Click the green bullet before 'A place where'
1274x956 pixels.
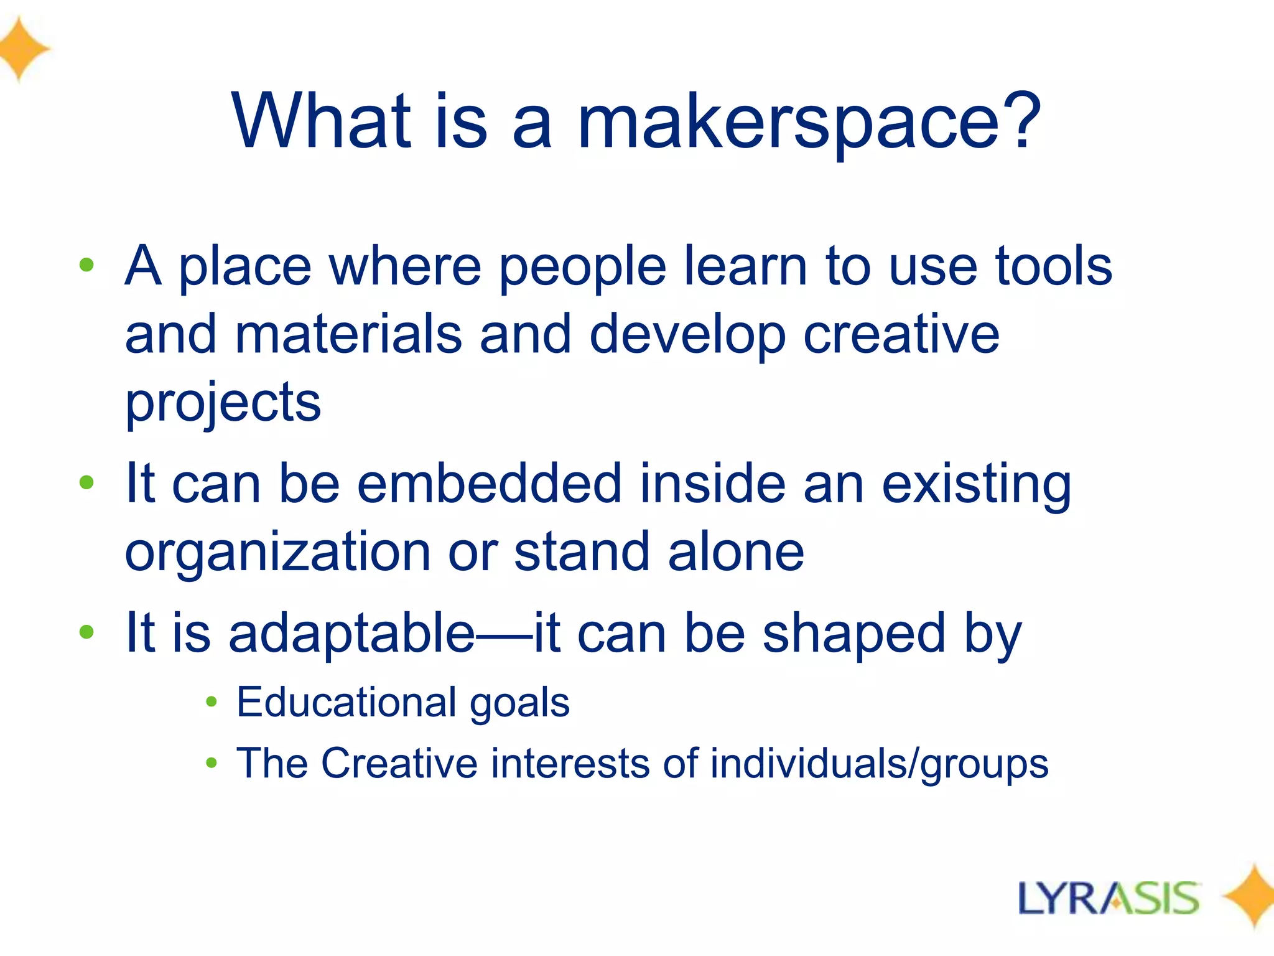[x=86, y=265]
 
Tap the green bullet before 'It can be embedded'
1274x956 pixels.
[x=86, y=482]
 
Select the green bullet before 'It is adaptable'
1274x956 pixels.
[x=86, y=632]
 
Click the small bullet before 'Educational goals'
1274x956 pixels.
[x=212, y=702]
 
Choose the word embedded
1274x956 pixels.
[x=489, y=484]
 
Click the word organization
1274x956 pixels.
[x=277, y=553]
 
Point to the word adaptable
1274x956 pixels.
[x=351, y=634]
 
